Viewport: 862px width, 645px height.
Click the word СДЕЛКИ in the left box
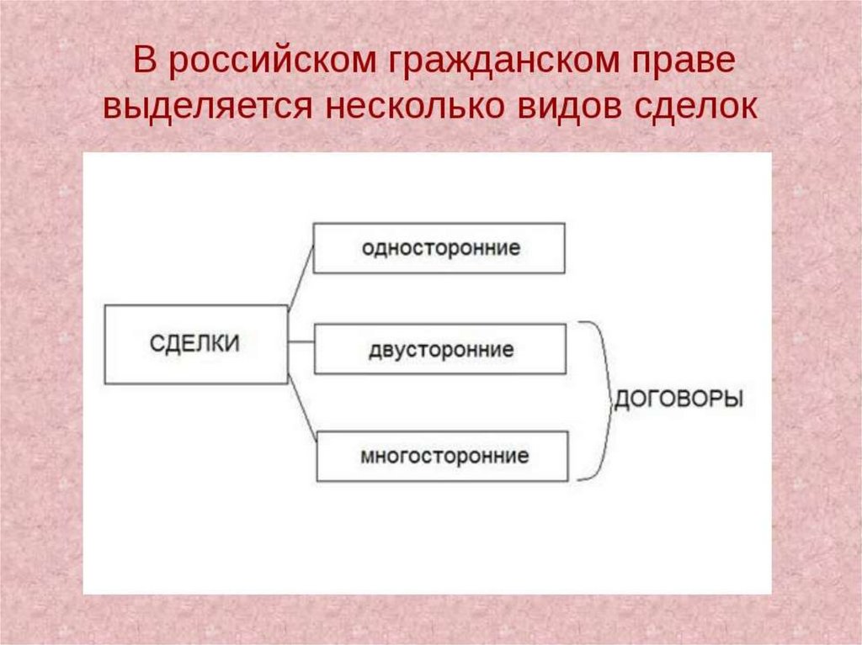pos(194,344)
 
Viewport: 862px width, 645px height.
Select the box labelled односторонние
pos(439,248)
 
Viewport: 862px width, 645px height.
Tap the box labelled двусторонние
pos(439,349)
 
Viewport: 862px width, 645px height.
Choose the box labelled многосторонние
pos(444,457)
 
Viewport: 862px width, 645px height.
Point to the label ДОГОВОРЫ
pos(678,398)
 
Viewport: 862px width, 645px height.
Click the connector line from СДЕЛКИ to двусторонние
pos(301,342)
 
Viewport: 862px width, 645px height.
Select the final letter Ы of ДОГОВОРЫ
pos(733,398)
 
